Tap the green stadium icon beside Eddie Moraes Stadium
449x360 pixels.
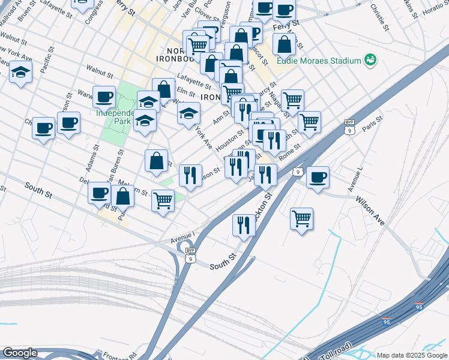pyautogui.click(x=370, y=60)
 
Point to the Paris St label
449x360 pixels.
pyautogui.click(x=372, y=124)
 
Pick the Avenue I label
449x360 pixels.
pyautogui.click(x=183, y=235)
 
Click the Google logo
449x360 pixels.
pyautogui.click(x=20, y=353)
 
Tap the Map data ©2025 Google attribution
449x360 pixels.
pyautogui.click(x=411, y=355)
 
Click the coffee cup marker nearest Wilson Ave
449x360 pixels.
pyautogui.click(x=318, y=177)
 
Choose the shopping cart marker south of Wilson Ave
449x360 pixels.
pyautogui.click(x=301, y=218)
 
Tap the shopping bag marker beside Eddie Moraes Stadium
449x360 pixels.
pyautogui.click(x=284, y=44)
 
